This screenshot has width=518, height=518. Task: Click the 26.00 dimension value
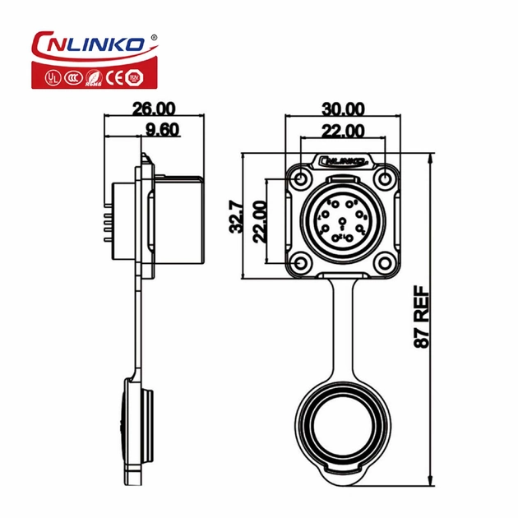pyautogui.click(x=153, y=108)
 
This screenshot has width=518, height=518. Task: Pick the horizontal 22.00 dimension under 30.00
pyautogui.click(x=343, y=130)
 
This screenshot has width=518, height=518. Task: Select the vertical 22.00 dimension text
pyautogui.click(x=260, y=220)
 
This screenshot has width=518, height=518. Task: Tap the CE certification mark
pyautogui.click(x=116, y=78)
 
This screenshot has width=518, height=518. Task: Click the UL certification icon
pyautogui.click(x=52, y=78)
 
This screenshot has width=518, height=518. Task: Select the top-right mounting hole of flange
pyautogui.click(x=385, y=178)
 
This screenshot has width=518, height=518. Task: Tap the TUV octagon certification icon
pyautogui.click(x=136, y=78)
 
